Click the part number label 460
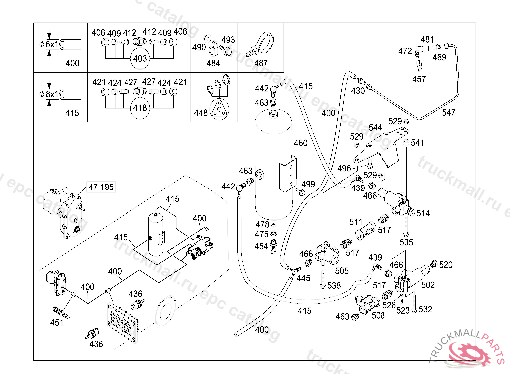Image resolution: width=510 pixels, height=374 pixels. click(301, 143)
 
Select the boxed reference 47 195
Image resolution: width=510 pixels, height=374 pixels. click(101, 187)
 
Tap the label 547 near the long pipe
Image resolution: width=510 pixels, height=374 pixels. click(449, 113)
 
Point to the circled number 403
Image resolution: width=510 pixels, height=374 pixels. click(140, 59)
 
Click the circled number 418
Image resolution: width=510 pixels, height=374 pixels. click(140, 107)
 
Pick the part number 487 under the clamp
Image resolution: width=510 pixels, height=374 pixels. click(260, 63)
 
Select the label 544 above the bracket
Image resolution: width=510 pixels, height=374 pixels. click(375, 128)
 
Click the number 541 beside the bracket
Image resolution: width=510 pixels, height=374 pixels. click(418, 143)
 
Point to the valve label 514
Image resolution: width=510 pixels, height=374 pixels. click(423, 214)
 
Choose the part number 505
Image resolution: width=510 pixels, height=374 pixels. click(342, 271)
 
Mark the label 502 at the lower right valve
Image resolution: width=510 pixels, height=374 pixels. click(428, 285)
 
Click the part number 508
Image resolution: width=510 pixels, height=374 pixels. click(378, 315)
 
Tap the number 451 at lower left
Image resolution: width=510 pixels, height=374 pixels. click(57, 323)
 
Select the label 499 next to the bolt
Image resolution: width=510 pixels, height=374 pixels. click(308, 184)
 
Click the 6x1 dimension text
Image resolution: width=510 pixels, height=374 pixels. click(52, 45)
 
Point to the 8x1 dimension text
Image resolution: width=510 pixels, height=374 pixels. click(52, 94)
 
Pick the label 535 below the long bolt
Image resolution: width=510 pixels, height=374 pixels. click(406, 243)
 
